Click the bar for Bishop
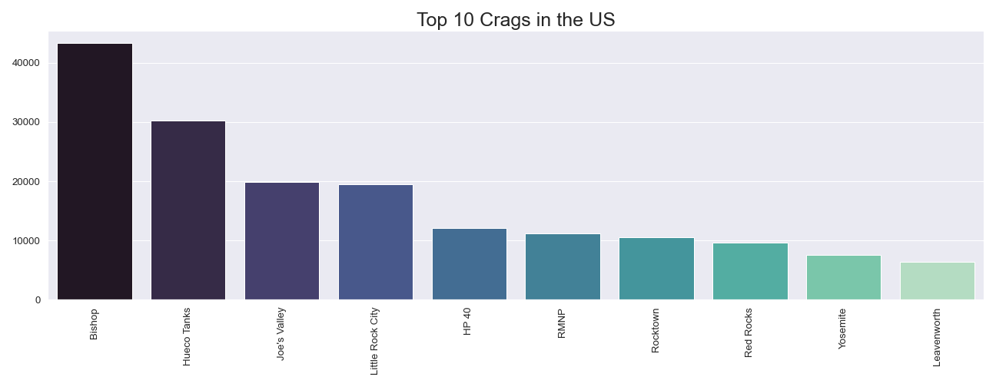click(95, 171)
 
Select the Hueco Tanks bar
click(188, 210)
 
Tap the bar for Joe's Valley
click(282, 241)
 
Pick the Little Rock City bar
click(376, 242)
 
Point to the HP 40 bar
click(470, 264)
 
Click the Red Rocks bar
click(750, 271)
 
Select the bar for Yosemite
click(844, 277)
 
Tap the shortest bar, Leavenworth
click(938, 281)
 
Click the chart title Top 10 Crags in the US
click(516, 20)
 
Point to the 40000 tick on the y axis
click(27, 63)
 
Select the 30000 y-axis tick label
click(27, 122)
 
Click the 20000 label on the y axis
click(27, 182)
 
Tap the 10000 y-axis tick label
click(27, 241)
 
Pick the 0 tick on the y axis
click(37, 300)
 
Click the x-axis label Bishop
click(95, 324)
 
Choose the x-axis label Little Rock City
click(375, 341)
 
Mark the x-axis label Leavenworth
click(937, 337)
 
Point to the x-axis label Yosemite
click(843, 329)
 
